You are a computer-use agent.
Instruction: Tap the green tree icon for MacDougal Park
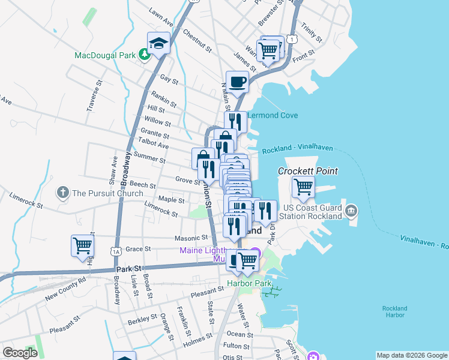(x=144, y=55)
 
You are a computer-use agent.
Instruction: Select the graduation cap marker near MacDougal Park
(x=159, y=43)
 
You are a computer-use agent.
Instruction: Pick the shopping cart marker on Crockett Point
(x=303, y=187)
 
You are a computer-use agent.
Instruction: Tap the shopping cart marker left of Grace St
(x=83, y=246)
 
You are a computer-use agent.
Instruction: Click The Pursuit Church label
(x=107, y=193)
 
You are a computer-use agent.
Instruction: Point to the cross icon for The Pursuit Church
(x=63, y=193)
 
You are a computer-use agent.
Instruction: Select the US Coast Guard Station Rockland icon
(x=351, y=211)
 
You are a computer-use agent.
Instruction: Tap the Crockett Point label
(x=307, y=171)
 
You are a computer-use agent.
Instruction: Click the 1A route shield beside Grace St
(x=116, y=252)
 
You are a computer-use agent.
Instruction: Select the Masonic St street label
(x=191, y=238)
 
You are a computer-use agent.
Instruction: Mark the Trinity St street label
(x=313, y=33)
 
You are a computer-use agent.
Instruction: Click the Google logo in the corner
(x=20, y=353)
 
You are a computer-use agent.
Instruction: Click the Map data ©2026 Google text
(x=411, y=355)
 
